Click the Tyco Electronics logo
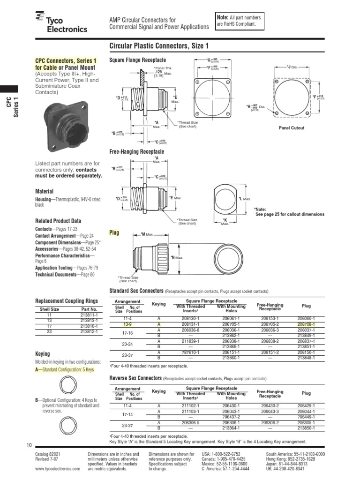[61, 23]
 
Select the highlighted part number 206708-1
[306, 324]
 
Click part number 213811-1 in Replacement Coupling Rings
[89, 315]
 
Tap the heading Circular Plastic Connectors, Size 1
[159, 46]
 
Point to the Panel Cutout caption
[291, 128]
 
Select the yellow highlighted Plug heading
[114, 232]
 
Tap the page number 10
[29, 445]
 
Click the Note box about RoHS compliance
[238, 21]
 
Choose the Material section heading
[45, 191]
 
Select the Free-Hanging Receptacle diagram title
[136, 152]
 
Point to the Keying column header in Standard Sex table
[159, 304]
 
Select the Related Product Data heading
[58, 221]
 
